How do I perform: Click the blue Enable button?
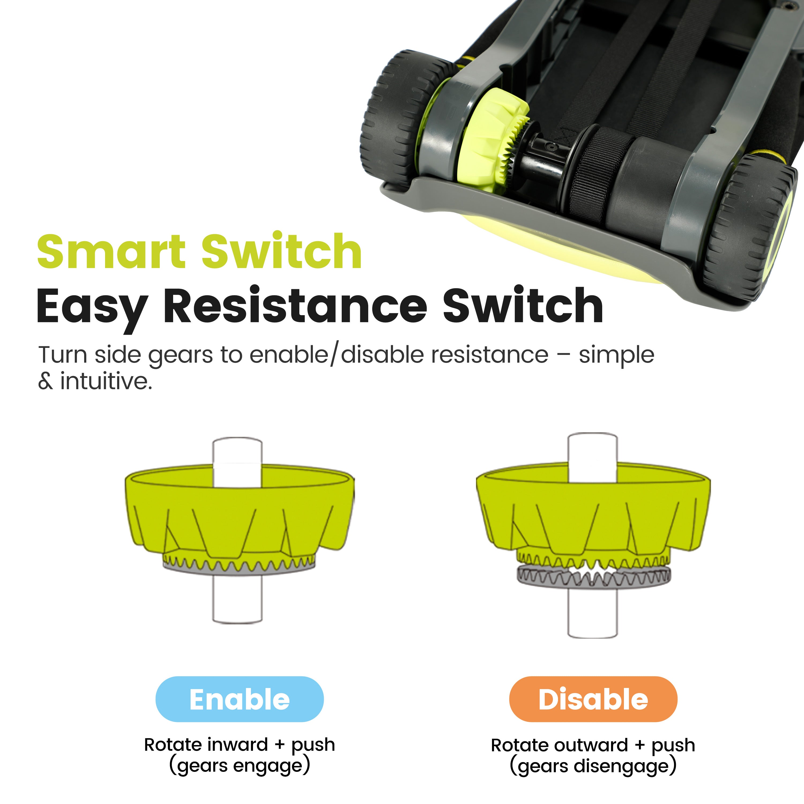click(x=239, y=699)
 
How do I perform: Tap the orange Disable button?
click(x=593, y=699)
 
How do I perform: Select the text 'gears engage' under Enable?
click(x=239, y=766)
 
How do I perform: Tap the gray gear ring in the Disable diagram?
click(x=594, y=577)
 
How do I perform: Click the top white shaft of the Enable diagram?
click(x=237, y=462)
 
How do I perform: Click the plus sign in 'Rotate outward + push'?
click(x=640, y=745)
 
